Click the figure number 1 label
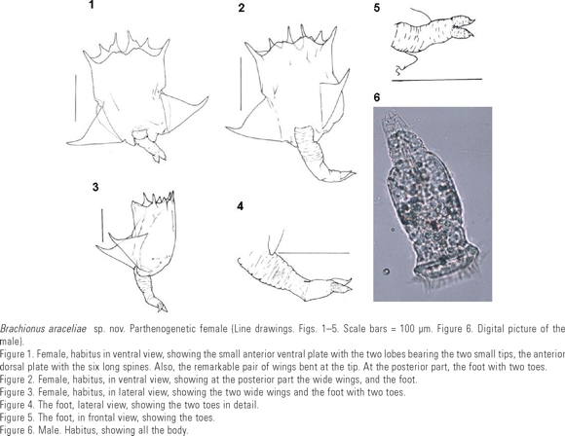(92, 5)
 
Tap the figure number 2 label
(242, 8)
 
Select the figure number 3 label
(95, 187)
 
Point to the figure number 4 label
(240, 206)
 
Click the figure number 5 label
(377, 8)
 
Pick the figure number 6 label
(377, 97)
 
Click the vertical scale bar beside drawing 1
(76, 98)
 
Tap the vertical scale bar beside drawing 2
(241, 84)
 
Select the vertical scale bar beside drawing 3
(102, 226)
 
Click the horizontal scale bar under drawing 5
(436, 80)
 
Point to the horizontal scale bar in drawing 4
(314, 253)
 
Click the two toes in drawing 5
(462, 27)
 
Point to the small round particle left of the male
(387, 272)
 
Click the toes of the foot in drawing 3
(162, 307)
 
